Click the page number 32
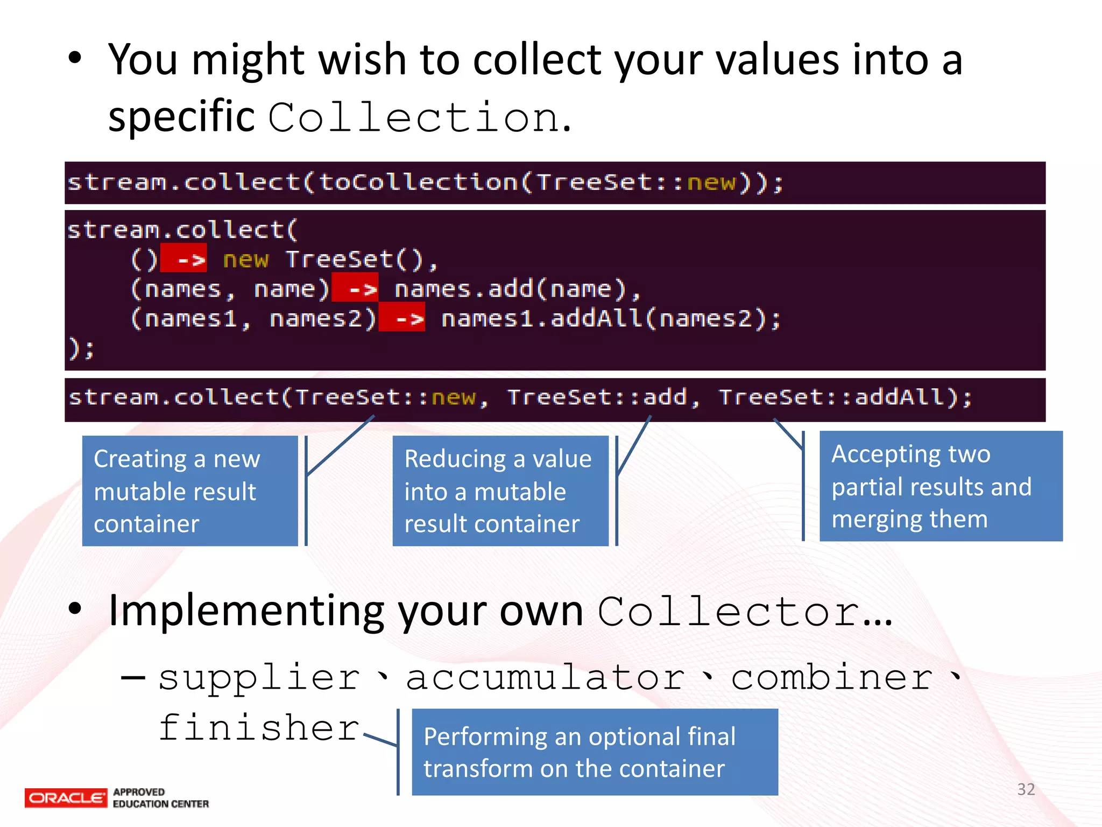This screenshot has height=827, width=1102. pyautogui.click(x=1026, y=789)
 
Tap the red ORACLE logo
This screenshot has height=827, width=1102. pyautogui.click(x=66, y=798)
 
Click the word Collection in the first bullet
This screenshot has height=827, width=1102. pyautogui.click(x=413, y=117)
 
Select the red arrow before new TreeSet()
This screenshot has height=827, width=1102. pyautogui.click(x=184, y=259)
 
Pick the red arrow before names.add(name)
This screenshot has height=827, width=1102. pyautogui.click(x=355, y=289)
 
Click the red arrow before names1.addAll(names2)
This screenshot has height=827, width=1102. pyautogui.click(x=402, y=318)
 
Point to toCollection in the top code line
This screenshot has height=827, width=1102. pyautogui.click(x=418, y=182)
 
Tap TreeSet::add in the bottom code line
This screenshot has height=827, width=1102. pyautogui.click(x=597, y=397)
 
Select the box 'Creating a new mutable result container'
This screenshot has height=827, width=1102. pyautogui.click(x=190, y=491)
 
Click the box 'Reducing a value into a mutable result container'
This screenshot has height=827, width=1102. pyautogui.click(x=500, y=491)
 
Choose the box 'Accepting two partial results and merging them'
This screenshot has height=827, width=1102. pyautogui.click(x=941, y=486)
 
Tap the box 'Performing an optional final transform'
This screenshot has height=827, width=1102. pyautogui.click(x=595, y=752)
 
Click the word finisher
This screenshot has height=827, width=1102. pyautogui.click(x=259, y=728)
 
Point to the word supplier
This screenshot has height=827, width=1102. pyautogui.click(x=259, y=677)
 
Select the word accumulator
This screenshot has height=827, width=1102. pyautogui.click(x=545, y=677)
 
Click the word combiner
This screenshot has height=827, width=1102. pyautogui.click(x=832, y=677)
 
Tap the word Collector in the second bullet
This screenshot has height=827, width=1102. pyautogui.click(x=729, y=612)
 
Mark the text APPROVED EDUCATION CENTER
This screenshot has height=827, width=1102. pyautogui.click(x=160, y=798)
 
